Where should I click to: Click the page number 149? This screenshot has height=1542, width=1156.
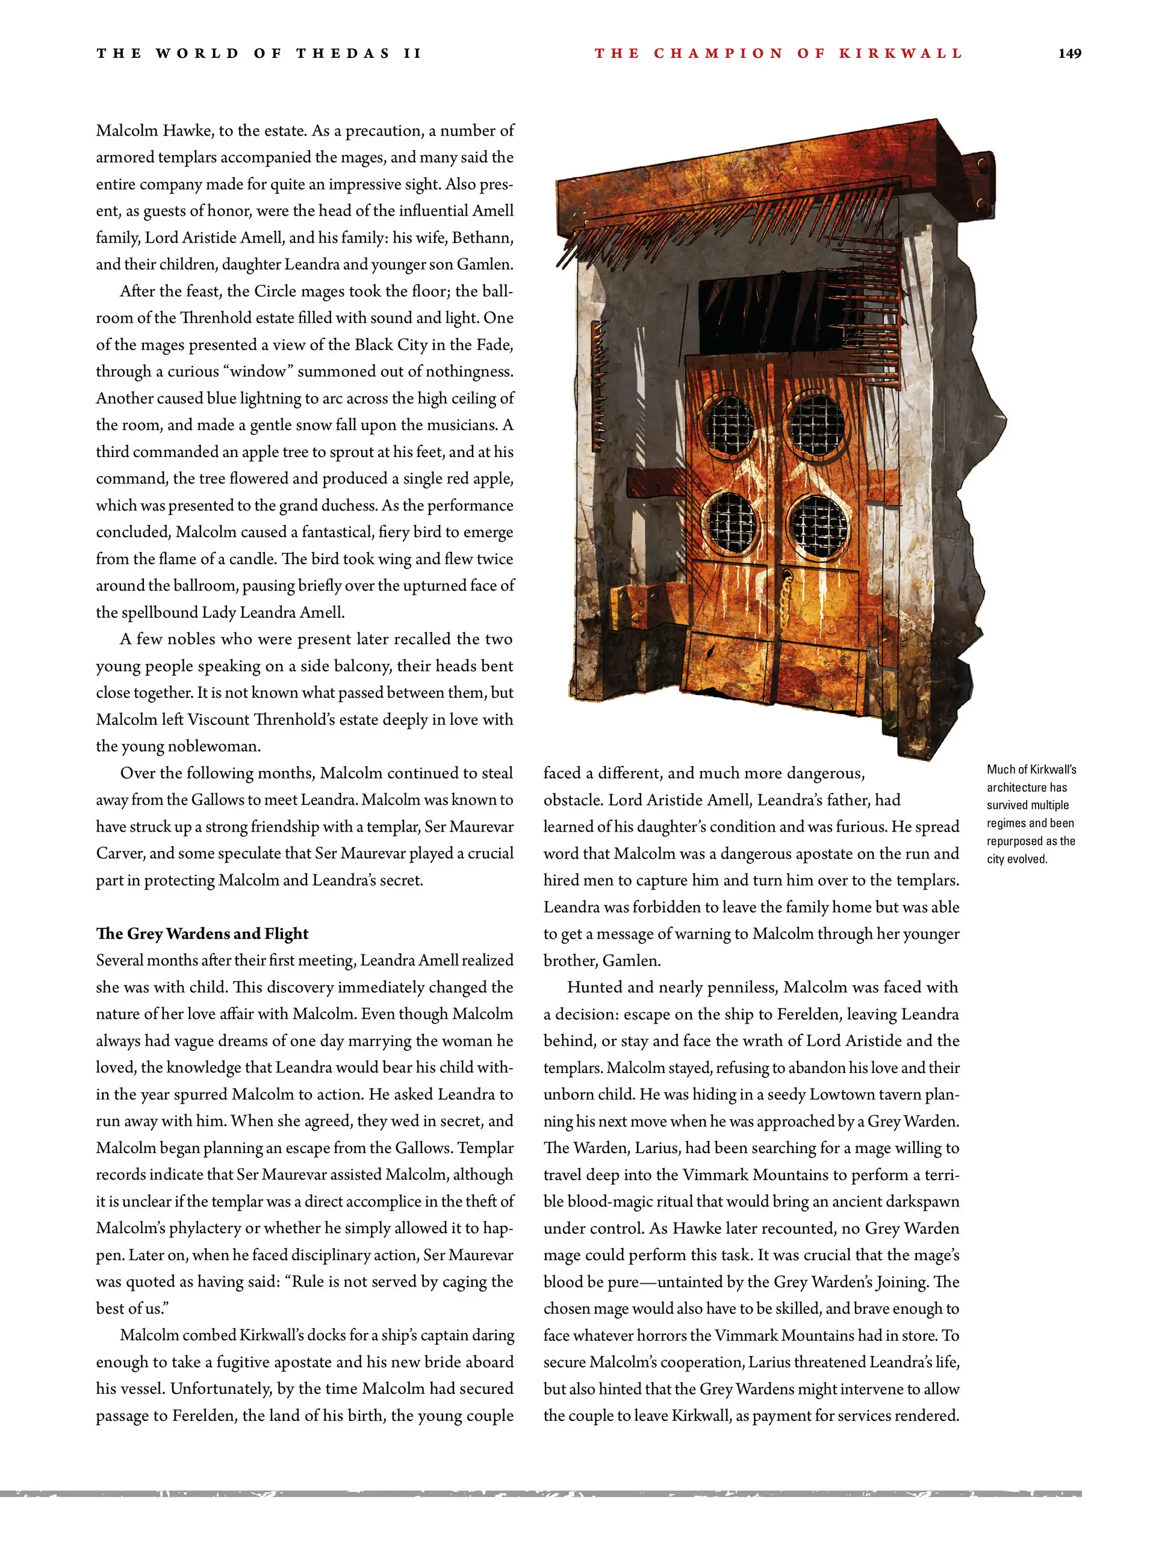tap(1069, 54)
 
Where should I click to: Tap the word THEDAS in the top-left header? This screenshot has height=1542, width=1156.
tap(343, 54)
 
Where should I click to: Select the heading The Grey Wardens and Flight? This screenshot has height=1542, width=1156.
tap(202, 933)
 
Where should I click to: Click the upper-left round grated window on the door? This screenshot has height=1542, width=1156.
tap(729, 424)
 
